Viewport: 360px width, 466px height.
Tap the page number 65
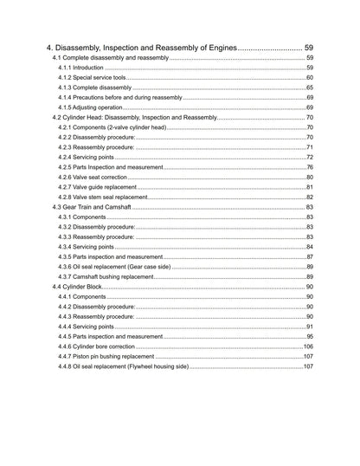pyautogui.click(x=309, y=87)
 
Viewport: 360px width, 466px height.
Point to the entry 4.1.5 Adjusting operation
pyautogui.click(x=96, y=107)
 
